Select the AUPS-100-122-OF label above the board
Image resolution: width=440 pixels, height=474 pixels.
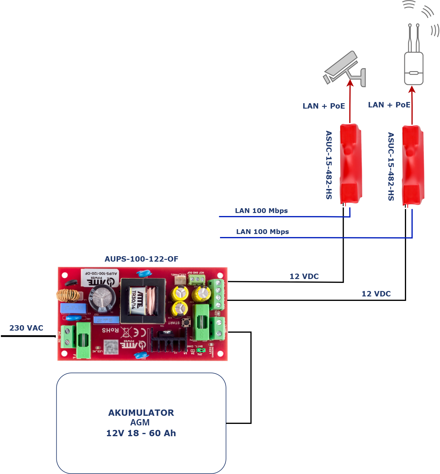[141, 259]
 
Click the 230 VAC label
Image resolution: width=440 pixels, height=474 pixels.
[26, 328]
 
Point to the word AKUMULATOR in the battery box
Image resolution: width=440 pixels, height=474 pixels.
[141, 413]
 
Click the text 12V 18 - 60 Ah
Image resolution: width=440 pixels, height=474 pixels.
[141, 433]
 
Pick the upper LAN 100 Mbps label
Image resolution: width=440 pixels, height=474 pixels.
[261, 211]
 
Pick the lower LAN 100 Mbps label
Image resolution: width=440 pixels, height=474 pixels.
[263, 232]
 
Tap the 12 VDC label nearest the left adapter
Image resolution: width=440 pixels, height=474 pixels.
[304, 276]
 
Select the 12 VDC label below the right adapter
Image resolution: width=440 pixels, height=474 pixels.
[376, 294]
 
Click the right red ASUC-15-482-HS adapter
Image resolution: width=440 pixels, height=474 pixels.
[413, 165]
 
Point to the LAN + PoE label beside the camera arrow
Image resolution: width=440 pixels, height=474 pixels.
[324, 106]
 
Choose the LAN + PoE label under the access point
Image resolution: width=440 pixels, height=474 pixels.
[389, 105]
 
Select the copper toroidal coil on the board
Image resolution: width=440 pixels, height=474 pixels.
[68, 295]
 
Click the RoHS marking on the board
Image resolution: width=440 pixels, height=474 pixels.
[110, 330]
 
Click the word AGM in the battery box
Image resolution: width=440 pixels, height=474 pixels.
[140, 422]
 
